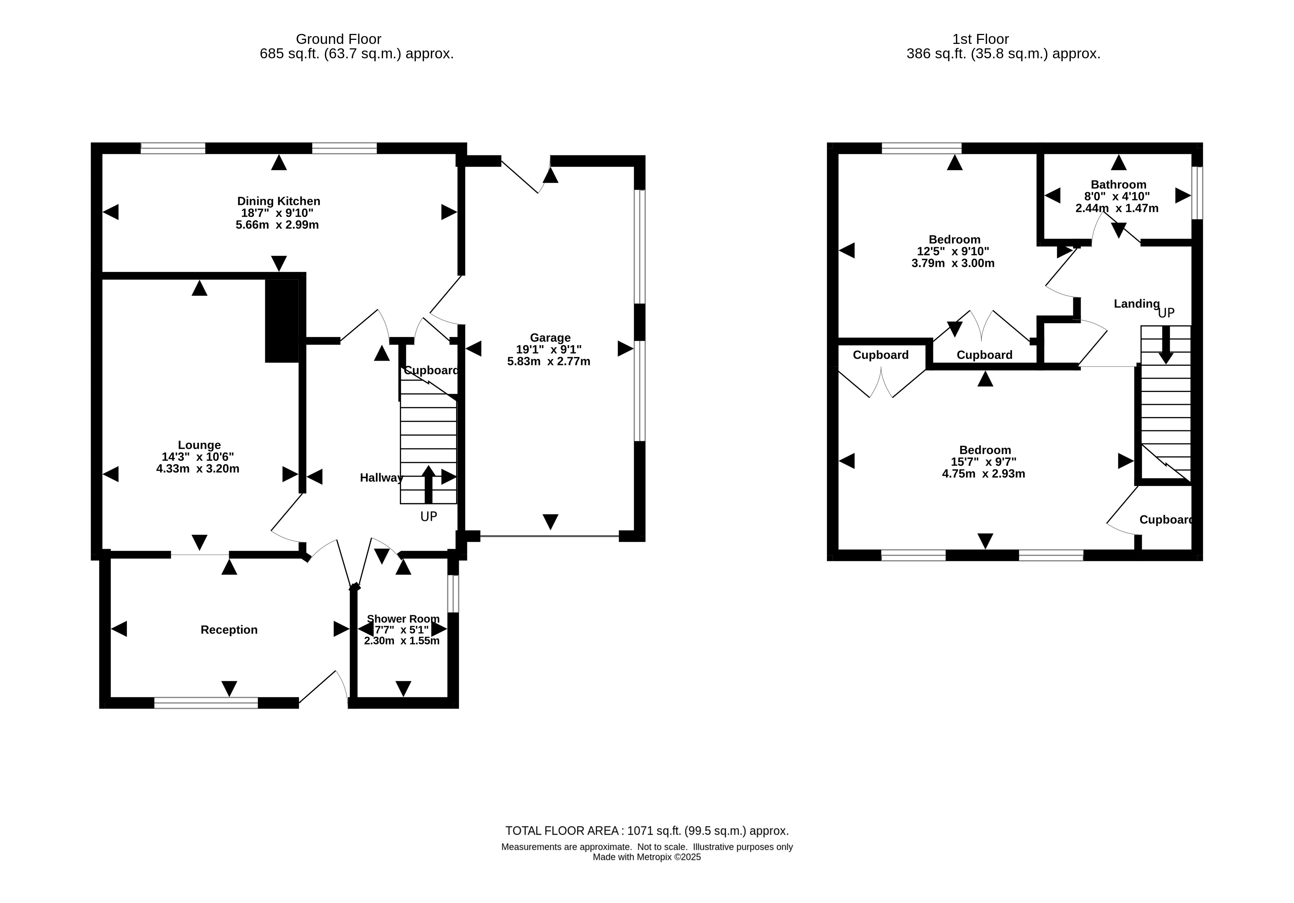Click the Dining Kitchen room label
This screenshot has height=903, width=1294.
(x=279, y=201)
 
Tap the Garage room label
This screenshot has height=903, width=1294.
(x=550, y=338)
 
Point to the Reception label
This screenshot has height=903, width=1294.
(x=229, y=630)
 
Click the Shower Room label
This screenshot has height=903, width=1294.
(x=403, y=619)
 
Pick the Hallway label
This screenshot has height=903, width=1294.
(x=382, y=478)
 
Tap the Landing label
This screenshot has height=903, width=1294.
(x=1136, y=304)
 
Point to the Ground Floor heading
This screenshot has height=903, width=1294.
(x=338, y=39)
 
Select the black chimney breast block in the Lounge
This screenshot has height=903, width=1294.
(x=282, y=321)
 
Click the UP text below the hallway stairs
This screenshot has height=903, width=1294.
(x=428, y=516)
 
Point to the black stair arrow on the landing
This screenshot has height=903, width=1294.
(x=1166, y=345)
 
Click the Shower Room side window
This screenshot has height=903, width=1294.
(x=453, y=593)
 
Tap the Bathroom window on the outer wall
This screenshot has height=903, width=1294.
(x=1197, y=193)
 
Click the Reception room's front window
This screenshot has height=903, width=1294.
(x=206, y=703)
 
